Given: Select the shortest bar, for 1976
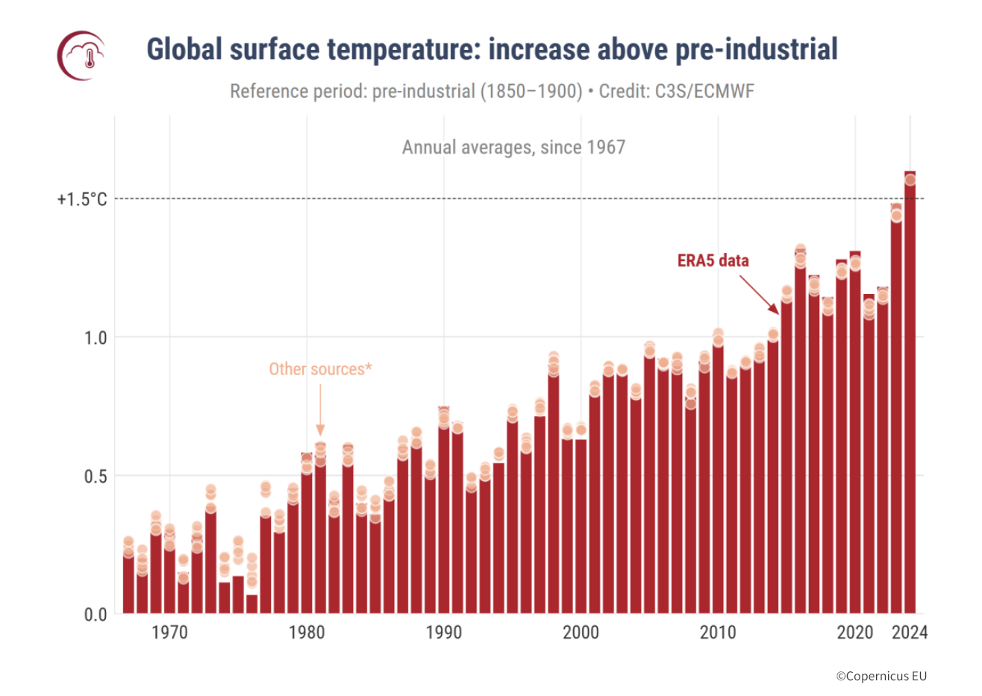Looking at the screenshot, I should pos(252,604).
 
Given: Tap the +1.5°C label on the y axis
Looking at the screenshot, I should pos(82,199).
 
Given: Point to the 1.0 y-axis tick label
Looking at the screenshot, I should pos(96,338).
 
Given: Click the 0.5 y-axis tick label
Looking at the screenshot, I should pos(96,476).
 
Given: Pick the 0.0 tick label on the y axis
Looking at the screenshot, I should pos(96,615).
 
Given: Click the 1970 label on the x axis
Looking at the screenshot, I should pos(169,633).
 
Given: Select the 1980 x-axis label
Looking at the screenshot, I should pos(307,633).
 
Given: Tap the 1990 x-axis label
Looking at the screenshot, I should pos(444,633).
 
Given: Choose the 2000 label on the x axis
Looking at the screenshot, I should pos(581,633).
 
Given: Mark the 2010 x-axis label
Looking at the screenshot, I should pos(718,633).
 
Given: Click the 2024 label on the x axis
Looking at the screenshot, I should pos(910,633).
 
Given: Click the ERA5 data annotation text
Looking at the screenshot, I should pos(713,260).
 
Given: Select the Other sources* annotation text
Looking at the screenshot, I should pos(320,369).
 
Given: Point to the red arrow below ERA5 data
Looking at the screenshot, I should pos(760,295).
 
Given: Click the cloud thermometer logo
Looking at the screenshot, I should pos(81,55).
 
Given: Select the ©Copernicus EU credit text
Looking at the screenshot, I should pos(881,676).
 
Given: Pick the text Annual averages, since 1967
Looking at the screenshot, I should pos(513,147).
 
